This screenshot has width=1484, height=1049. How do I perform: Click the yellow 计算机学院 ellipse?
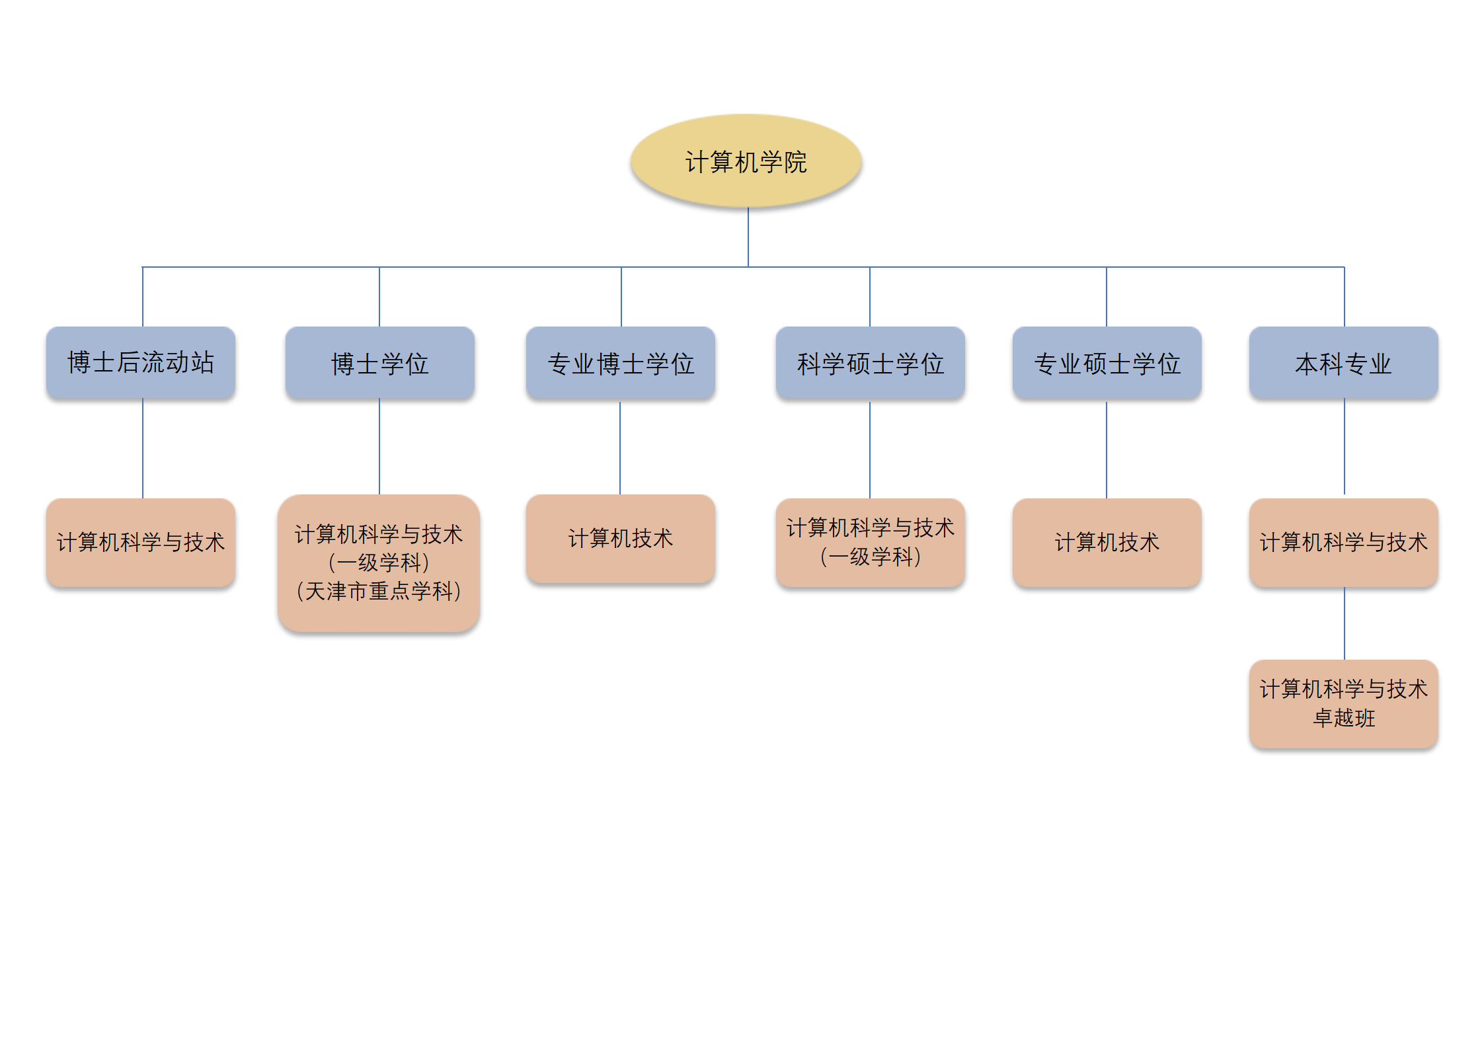(x=746, y=161)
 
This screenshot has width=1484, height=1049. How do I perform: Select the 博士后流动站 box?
(x=141, y=362)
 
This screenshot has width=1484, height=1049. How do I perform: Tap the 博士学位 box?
(x=379, y=363)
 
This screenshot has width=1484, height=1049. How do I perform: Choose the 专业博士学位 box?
(x=620, y=363)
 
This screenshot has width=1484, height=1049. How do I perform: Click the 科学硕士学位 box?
(x=870, y=363)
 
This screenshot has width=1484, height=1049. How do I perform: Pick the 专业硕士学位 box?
(x=1107, y=363)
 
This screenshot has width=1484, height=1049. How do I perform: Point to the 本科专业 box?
(x=1343, y=363)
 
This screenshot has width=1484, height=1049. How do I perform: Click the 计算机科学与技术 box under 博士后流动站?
(x=141, y=542)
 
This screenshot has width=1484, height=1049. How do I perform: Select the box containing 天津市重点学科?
(x=379, y=563)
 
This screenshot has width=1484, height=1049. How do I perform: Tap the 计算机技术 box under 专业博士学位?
(x=620, y=538)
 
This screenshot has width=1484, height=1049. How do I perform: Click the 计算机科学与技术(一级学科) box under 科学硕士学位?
(x=870, y=542)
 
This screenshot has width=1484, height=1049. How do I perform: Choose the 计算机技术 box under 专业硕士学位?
(x=1107, y=542)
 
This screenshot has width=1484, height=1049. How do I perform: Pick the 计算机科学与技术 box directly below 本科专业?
(x=1343, y=542)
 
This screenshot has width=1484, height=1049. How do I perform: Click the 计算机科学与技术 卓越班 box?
(x=1343, y=703)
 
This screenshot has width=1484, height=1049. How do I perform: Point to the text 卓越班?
(x=1344, y=718)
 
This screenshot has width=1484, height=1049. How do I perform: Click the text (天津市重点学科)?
(x=379, y=591)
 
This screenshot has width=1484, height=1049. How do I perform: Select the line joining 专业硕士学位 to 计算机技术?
(x=1107, y=449)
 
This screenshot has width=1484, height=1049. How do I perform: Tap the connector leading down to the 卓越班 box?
(x=1345, y=623)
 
